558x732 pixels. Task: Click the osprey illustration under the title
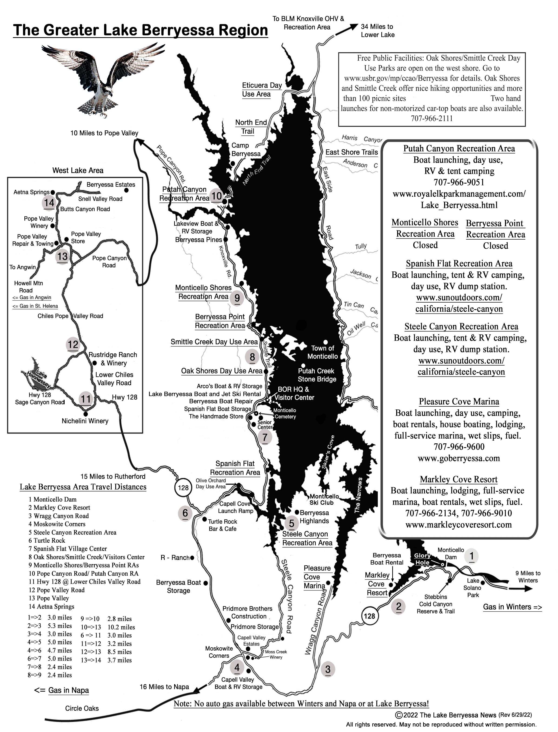[x=103, y=80]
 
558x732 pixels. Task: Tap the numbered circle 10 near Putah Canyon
[x=216, y=196]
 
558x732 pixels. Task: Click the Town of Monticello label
[x=322, y=352]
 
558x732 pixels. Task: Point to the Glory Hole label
[x=422, y=559]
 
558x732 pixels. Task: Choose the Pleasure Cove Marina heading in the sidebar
[x=459, y=402]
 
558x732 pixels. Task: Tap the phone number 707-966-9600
[x=459, y=447]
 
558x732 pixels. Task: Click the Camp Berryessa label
[x=246, y=149]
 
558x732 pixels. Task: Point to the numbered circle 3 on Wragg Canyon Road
[x=328, y=669]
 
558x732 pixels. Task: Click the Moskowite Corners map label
[x=219, y=652]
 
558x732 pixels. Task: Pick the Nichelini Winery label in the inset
[x=85, y=421]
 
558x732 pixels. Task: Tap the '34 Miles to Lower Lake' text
[x=378, y=30]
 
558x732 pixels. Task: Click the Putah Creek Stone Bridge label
[x=317, y=375]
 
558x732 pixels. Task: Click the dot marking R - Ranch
[x=192, y=558]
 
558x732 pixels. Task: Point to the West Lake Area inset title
[x=78, y=170]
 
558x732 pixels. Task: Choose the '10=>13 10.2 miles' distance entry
[x=108, y=627]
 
